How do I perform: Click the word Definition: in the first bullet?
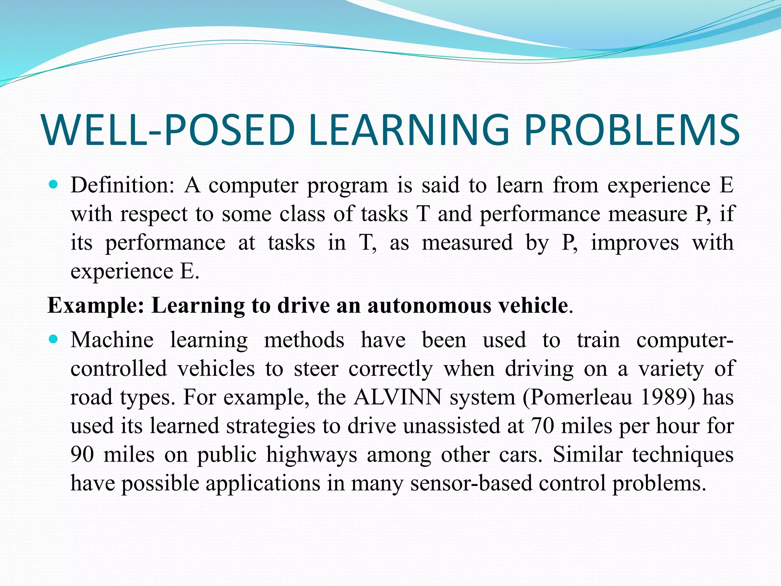click(122, 185)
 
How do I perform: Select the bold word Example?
click(96, 306)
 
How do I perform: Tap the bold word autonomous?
click(429, 306)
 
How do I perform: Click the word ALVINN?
click(397, 398)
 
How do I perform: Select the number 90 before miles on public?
click(82, 455)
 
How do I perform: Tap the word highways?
click(312, 455)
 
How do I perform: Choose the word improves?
click(635, 243)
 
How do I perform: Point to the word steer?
click(316, 369)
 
